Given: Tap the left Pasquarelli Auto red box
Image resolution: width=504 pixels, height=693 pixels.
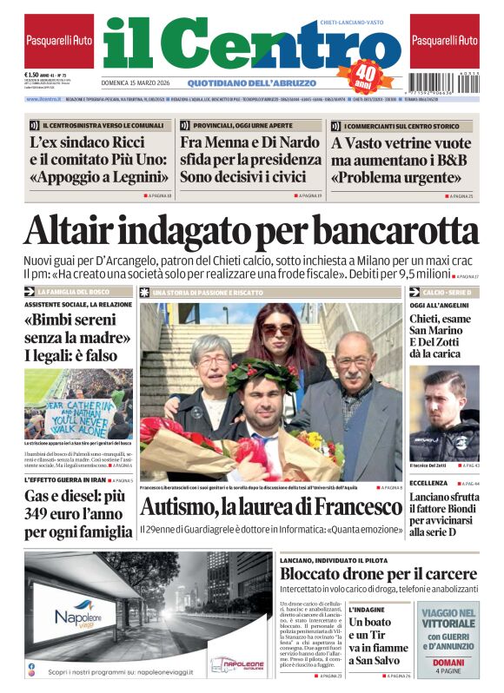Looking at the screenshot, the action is click(x=59, y=41).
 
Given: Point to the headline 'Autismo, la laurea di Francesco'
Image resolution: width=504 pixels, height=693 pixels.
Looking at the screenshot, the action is click(x=269, y=506).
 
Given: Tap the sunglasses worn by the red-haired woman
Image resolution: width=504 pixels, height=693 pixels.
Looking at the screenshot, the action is click(x=277, y=329).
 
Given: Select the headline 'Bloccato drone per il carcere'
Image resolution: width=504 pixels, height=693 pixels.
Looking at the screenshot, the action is click(x=378, y=574).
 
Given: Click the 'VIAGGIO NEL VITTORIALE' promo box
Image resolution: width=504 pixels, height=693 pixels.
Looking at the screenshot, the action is click(x=449, y=639).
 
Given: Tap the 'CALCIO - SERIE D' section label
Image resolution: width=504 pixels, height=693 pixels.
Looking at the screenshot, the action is click(x=448, y=292).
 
